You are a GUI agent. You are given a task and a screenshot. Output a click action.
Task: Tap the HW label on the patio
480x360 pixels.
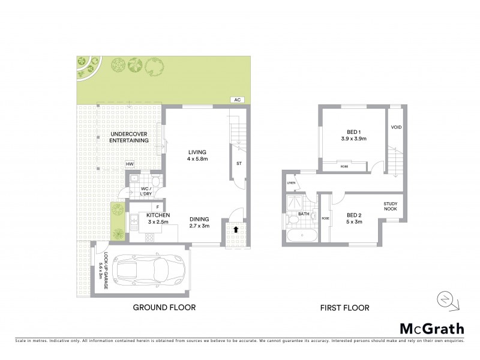click(129, 164)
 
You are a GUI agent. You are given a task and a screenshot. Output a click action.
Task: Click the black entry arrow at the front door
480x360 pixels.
click(236, 229)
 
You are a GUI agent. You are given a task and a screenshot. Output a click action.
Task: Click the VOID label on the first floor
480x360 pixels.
click(396, 127)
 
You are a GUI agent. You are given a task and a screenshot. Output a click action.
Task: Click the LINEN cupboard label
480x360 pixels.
click(292, 182)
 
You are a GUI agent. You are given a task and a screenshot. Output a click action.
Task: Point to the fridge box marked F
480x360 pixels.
click(149, 207)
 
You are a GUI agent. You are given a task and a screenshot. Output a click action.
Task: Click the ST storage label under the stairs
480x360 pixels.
click(238, 163)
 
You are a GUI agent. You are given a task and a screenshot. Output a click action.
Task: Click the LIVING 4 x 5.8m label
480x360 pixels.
click(196, 156)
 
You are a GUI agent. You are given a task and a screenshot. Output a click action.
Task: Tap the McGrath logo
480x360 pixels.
click(431, 328)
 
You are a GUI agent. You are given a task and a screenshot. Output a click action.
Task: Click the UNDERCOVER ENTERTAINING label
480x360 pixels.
click(130, 136)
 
